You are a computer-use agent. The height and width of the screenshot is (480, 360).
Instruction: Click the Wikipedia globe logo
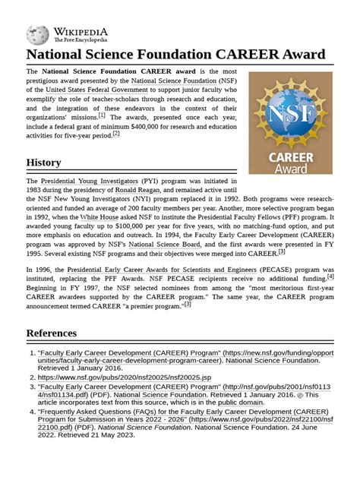point(37,34)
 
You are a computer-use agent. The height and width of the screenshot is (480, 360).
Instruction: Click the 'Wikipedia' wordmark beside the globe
point(80,31)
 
